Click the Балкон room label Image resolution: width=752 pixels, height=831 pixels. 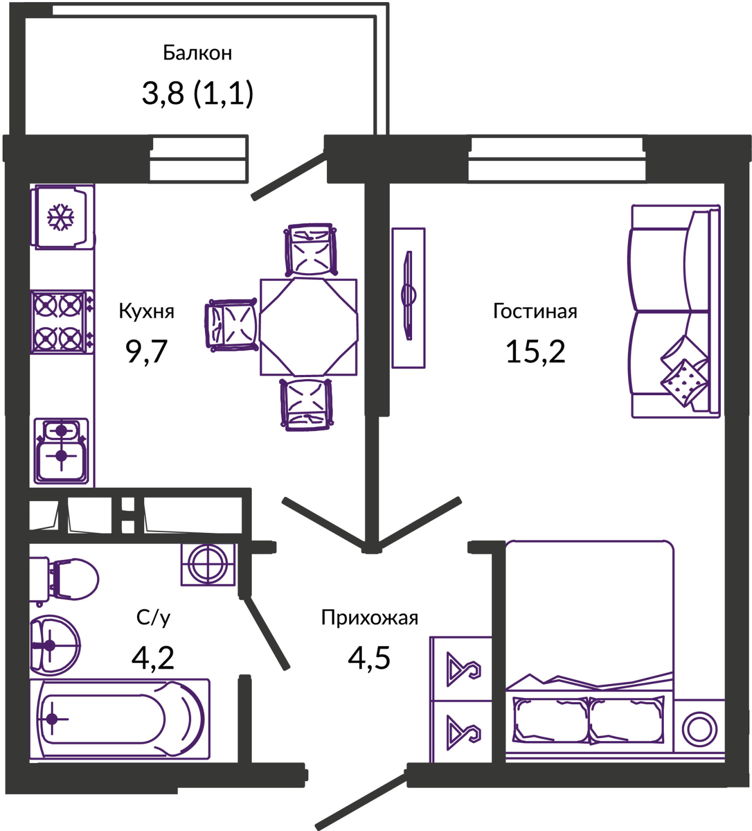coord(197,53)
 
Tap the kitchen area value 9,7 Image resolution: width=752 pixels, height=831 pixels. coord(146,351)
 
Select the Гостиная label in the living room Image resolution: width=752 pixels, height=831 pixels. coord(535,311)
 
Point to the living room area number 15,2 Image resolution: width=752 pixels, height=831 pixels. coord(535,351)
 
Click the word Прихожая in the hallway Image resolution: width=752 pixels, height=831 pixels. coord(370,618)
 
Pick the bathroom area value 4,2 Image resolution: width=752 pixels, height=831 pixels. coord(153,658)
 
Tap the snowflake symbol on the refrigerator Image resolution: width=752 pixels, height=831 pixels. coord(61,217)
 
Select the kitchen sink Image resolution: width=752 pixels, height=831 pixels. coord(61,451)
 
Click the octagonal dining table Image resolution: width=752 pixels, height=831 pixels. coord(308,327)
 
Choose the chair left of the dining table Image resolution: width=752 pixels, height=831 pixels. coord(233,325)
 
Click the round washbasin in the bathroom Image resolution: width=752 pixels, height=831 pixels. coord(54,645)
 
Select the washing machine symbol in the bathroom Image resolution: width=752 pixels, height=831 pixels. coord(208,564)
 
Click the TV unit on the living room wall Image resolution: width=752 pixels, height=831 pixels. coord(408,297)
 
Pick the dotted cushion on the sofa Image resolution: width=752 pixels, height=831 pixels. coord(684,382)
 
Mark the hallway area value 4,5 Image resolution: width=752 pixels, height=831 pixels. coord(369,658)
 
